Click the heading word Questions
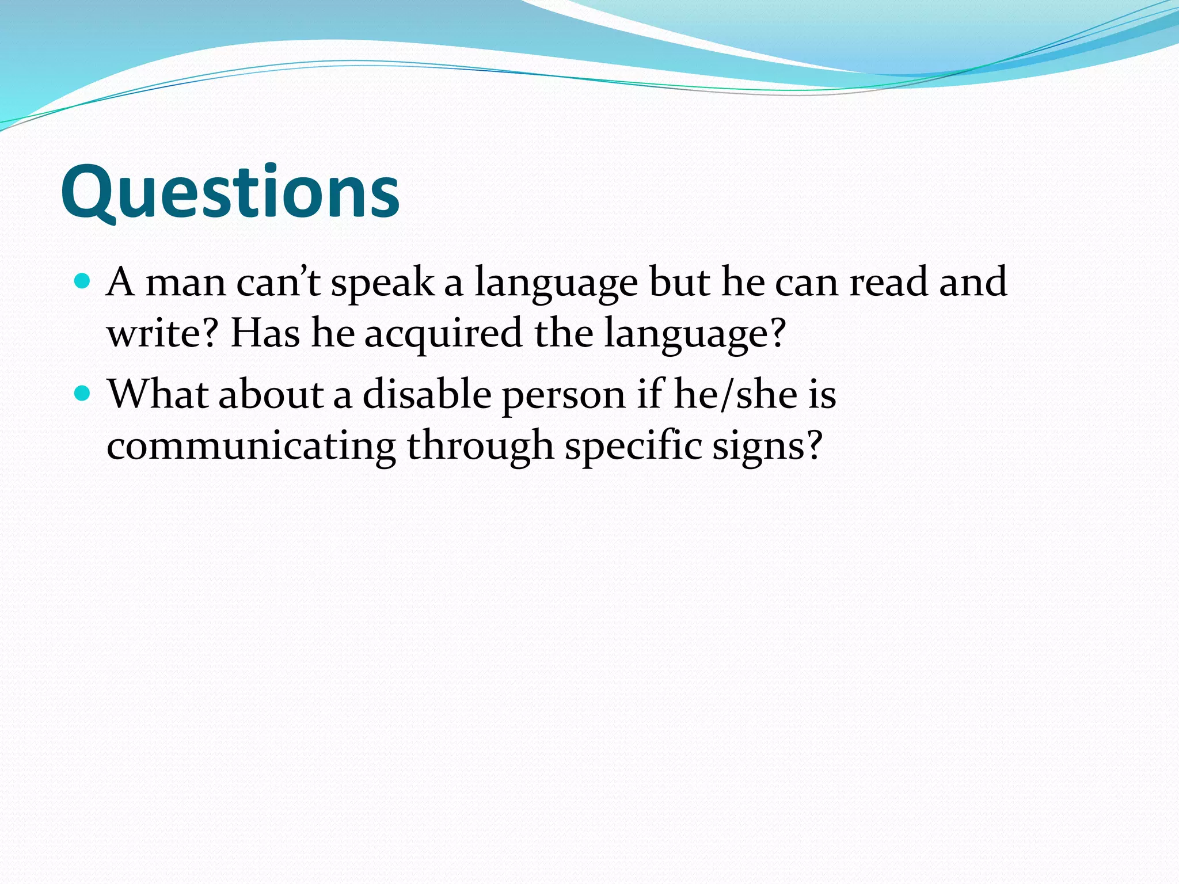[230, 193]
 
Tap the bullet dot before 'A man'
[83, 281]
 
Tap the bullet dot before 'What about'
[83, 394]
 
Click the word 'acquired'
[443, 334]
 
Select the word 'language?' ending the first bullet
[695, 334]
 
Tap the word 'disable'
[427, 395]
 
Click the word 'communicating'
[251, 446]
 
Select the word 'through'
[480, 446]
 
